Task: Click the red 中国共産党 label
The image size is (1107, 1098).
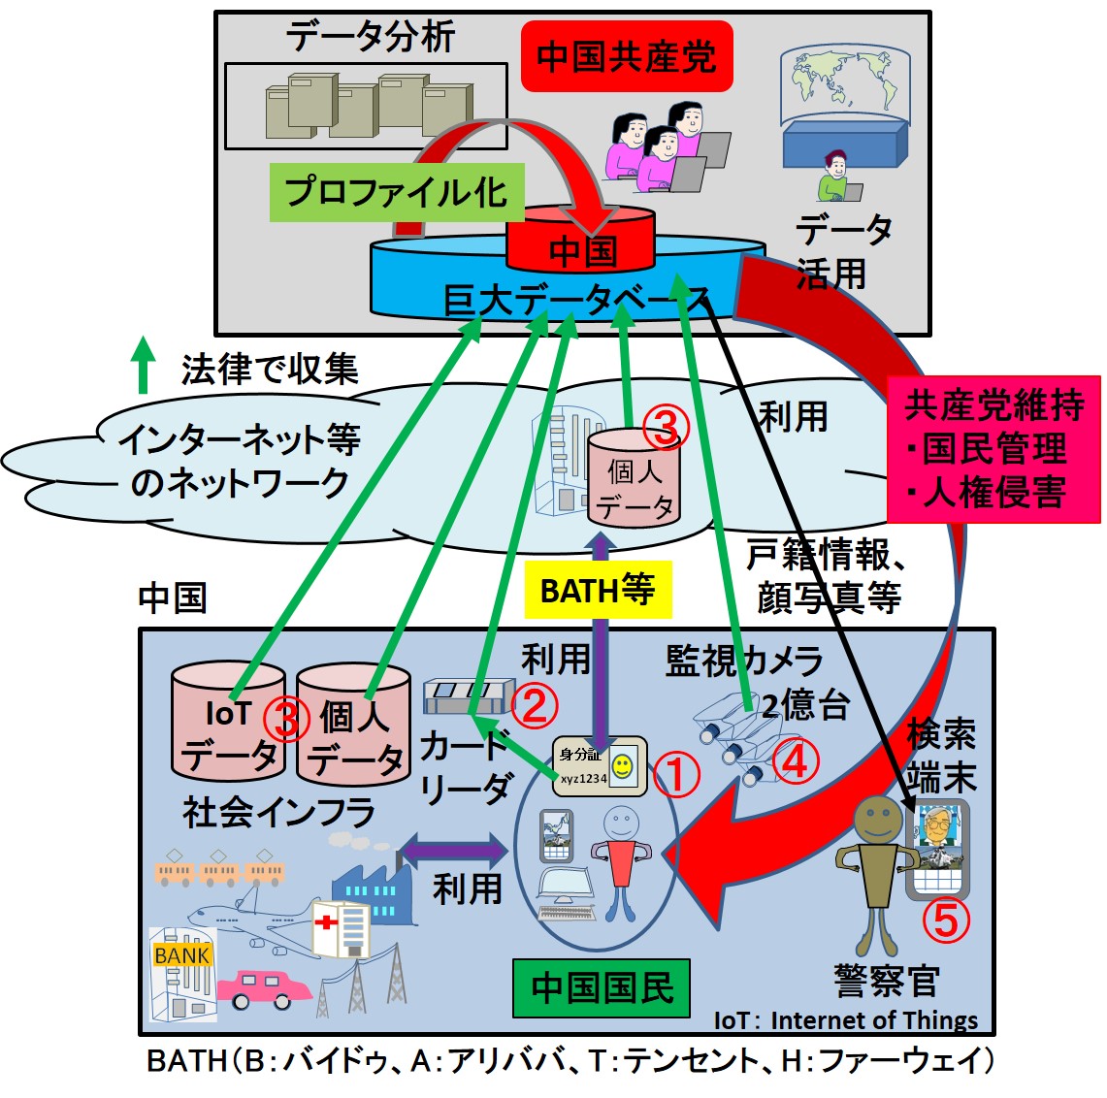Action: click(626, 56)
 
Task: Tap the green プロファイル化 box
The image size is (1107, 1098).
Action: click(396, 192)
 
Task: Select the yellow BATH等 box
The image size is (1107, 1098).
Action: click(598, 590)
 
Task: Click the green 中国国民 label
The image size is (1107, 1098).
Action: click(602, 987)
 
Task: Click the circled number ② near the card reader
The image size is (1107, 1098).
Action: click(535, 705)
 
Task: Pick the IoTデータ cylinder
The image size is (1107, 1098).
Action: click(229, 724)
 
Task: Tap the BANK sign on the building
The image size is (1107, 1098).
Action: click(181, 955)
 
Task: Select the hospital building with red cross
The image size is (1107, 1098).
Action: click(340, 926)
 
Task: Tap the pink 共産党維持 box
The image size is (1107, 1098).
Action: click(993, 448)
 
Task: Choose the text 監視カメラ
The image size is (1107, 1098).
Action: click(743, 661)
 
